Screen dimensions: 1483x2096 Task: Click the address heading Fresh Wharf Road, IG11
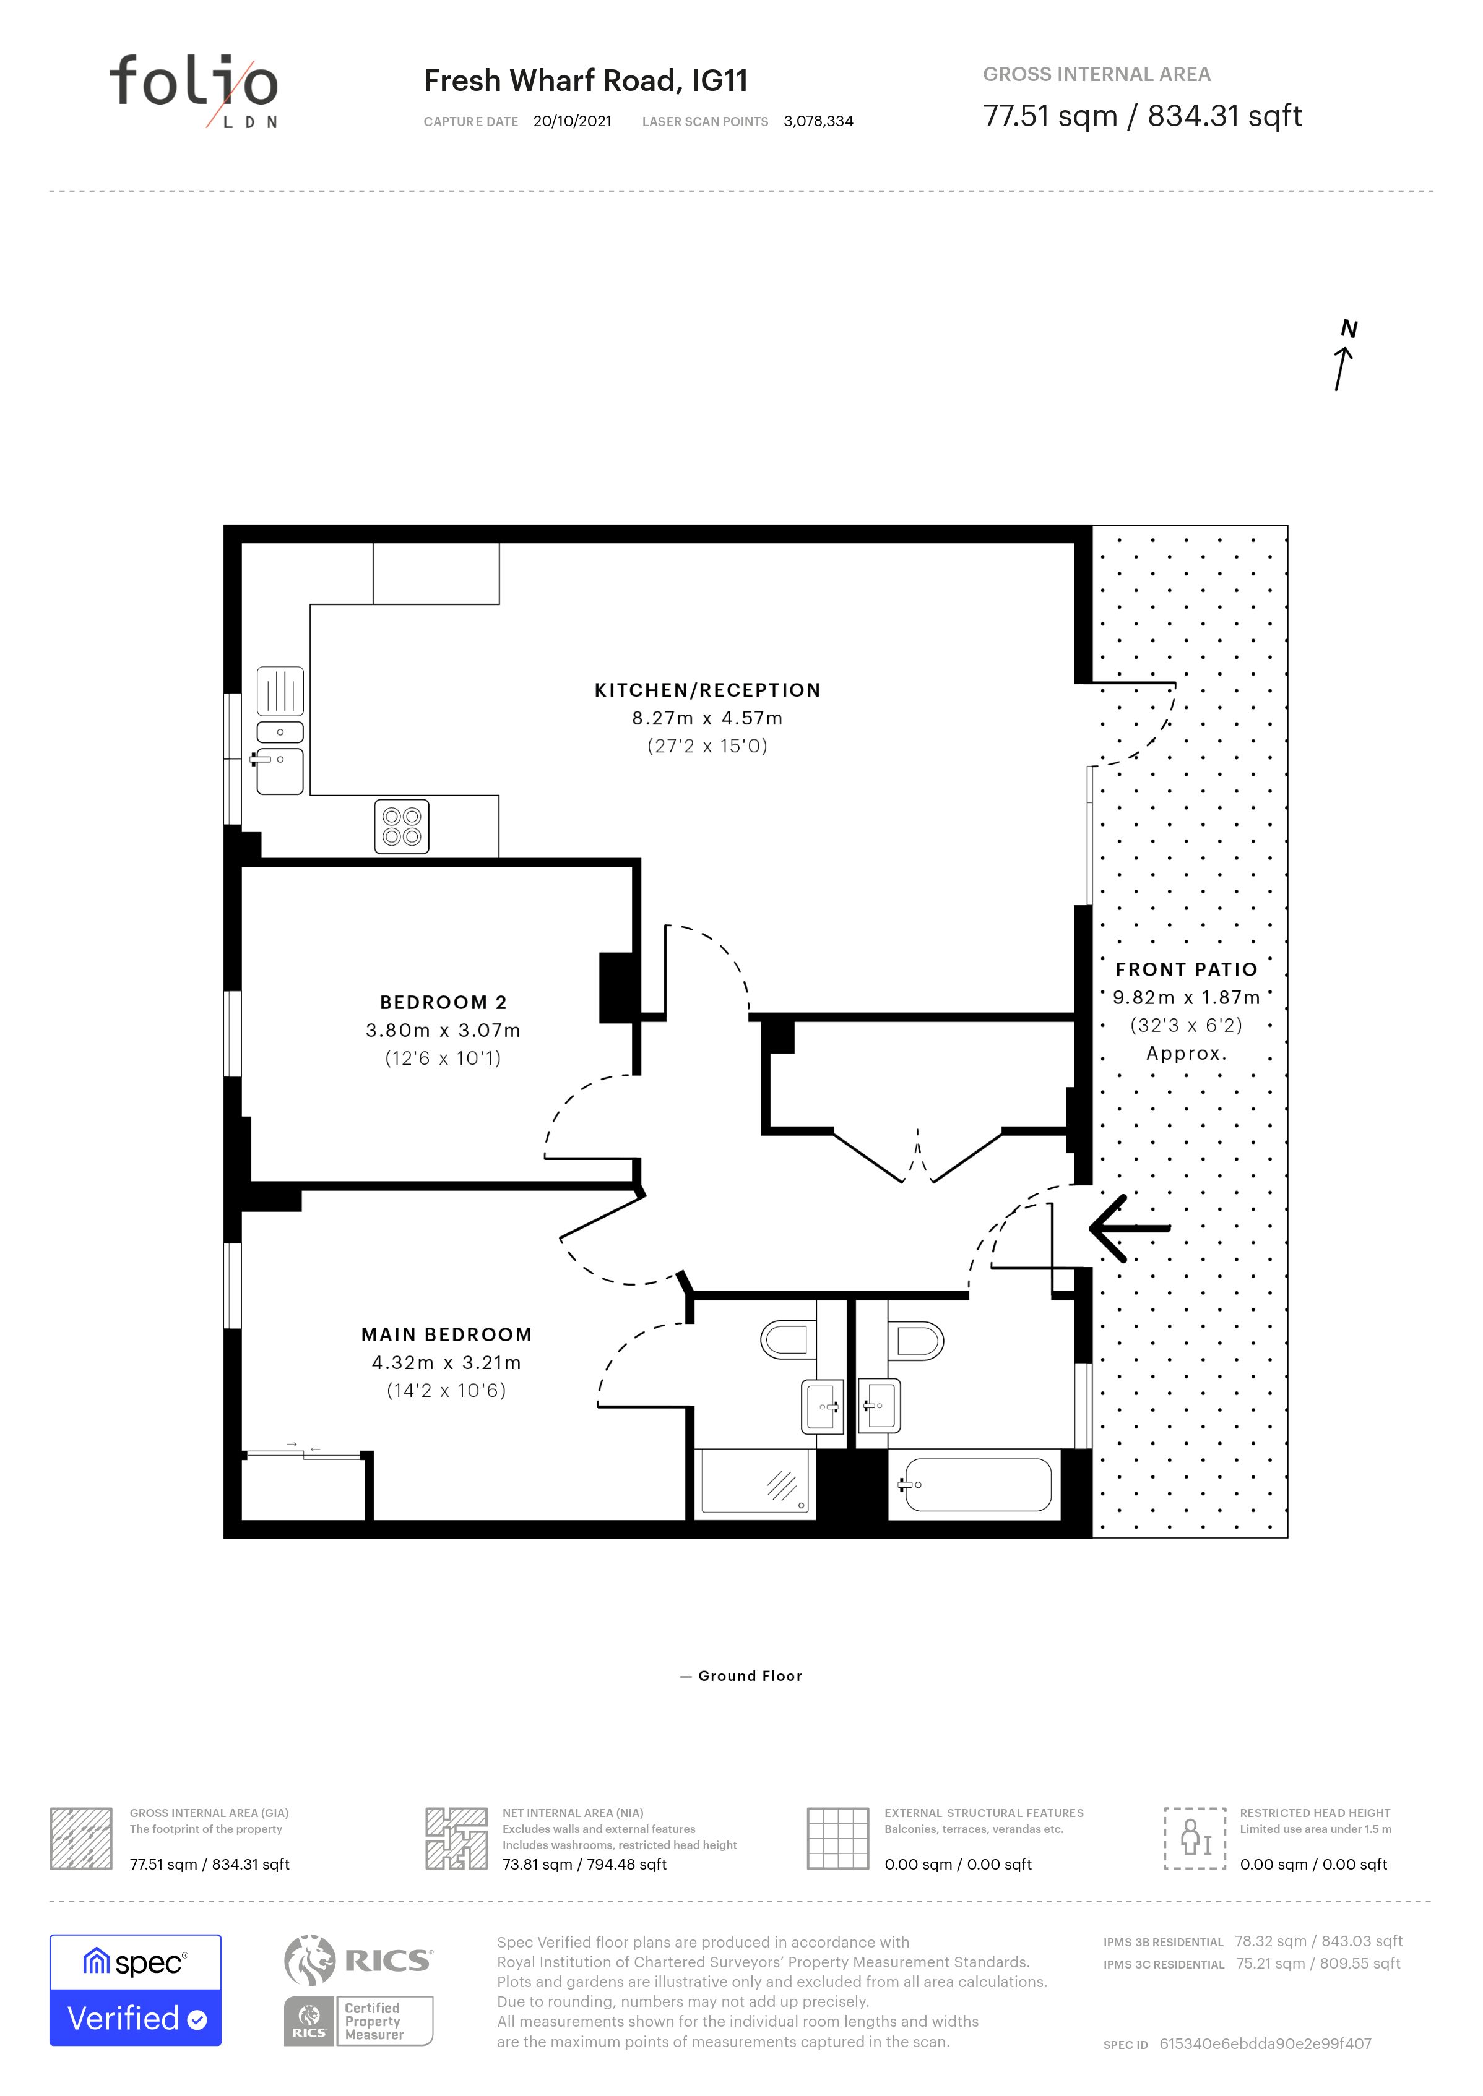click(x=586, y=81)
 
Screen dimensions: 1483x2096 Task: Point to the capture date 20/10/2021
click(x=573, y=121)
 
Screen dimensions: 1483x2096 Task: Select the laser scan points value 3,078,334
click(x=818, y=121)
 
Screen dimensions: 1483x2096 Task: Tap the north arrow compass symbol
click(x=1344, y=355)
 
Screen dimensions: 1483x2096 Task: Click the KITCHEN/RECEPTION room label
click(x=707, y=690)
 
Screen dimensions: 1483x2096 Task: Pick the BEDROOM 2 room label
click(x=443, y=1002)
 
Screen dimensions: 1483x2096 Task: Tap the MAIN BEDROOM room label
click(x=446, y=1334)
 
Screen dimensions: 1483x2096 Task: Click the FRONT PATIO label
click(x=1187, y=969)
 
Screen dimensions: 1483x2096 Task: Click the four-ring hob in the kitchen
click(x=402, y=826)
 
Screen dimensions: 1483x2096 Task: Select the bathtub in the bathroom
click(x=976, y=1484)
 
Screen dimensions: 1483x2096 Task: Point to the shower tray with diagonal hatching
click(x=754, y=1484)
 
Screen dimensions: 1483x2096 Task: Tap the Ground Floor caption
click(x=750, y=1676)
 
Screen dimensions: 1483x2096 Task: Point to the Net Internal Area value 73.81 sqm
click(x=584, y=1864)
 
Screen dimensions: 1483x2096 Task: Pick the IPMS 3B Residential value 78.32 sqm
click(x=1318, y=1941)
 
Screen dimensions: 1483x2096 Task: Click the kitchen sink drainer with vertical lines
click(x=280, y=691)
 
